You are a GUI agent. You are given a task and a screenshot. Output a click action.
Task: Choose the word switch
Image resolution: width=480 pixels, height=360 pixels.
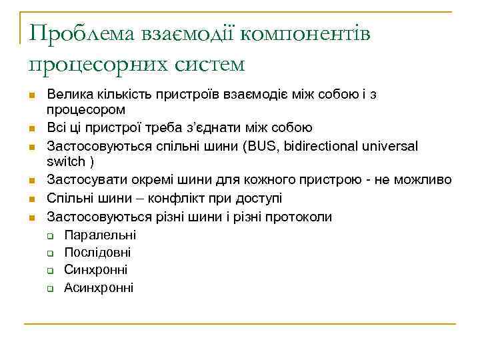click(66, 161)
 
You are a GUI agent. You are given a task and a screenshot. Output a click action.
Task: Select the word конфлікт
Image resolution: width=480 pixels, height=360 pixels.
click(177, 199)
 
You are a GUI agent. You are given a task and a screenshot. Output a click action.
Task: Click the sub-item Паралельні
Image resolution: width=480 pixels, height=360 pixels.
click(100, 235)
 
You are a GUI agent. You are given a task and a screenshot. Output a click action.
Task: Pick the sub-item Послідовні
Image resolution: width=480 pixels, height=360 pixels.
click(97, 253)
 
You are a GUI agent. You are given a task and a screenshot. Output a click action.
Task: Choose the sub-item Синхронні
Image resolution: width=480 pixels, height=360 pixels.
click(95, 270)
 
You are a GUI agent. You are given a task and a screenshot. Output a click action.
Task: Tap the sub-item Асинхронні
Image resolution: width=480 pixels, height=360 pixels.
click(99, 288)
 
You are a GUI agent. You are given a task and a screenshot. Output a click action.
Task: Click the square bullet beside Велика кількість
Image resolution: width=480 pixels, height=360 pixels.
click(31, 95)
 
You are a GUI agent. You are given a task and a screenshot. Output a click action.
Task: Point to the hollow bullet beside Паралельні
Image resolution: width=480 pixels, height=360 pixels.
click(50, 235)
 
